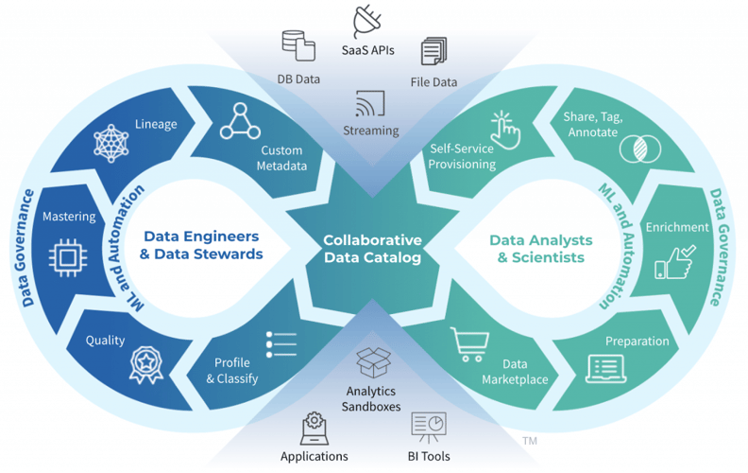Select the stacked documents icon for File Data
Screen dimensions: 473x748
click(x=433, y=51)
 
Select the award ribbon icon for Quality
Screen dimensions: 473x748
click(x=144, y=363)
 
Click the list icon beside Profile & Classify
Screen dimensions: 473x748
click(x=281, y=345)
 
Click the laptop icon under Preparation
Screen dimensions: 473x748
click(x=606, y=367)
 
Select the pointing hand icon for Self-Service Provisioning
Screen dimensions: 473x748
click(x=504, y=130)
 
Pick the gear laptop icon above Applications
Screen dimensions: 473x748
click(x=314, y=428)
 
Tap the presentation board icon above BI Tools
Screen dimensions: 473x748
click(x=428, y=427)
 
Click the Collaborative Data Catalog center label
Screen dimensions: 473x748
click(x=372, y=249)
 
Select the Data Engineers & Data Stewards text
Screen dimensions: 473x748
click(x=202, y=245)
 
